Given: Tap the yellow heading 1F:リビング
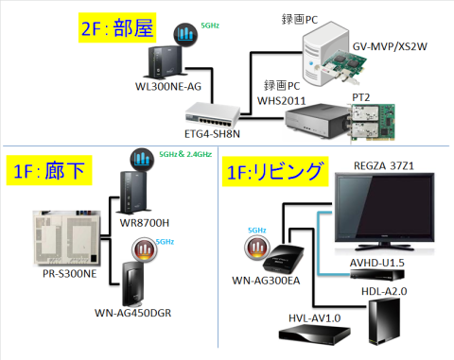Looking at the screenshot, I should (274, 174).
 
